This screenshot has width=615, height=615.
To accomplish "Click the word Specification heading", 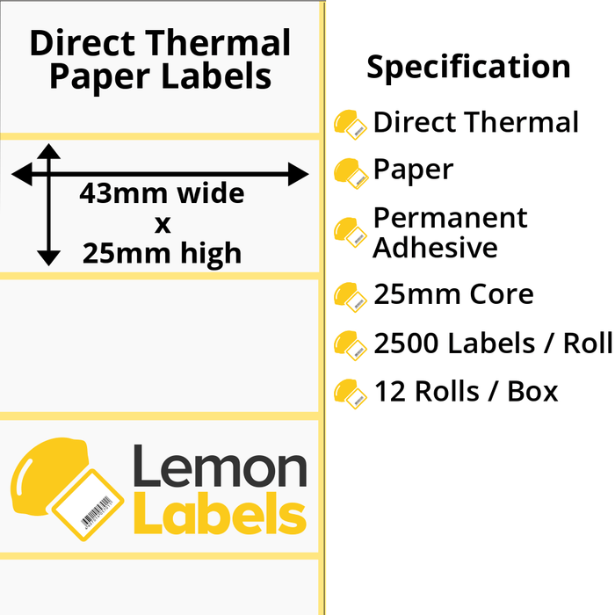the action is (x=468, y=68).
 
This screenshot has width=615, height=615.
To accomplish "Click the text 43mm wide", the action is (x=162, y=193).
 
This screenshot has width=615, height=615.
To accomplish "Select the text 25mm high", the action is (x=162, y=253).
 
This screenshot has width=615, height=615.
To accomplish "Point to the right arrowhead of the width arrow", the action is (x=298, y=174).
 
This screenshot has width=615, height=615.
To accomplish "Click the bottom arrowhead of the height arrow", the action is (x=48, y=258).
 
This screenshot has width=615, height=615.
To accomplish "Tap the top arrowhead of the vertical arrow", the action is (x=48, y=151).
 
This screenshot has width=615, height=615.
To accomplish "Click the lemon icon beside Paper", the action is (x=351, y=173).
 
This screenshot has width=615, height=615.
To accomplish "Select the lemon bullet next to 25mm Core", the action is (x=351, y=297).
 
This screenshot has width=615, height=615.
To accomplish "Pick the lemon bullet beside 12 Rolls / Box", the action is (x=351, y=394).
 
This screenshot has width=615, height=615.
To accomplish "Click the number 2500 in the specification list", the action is (x=406, y=344).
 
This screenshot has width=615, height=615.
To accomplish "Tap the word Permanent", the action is (x=450, y=218).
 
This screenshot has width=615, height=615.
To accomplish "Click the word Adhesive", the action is (x=436, y=248).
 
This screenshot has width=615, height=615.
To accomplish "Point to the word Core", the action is (x=502, y=294).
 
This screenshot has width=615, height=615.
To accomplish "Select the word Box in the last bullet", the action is (x=532, y=392).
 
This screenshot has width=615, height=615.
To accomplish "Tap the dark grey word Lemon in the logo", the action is (x=220, y=466).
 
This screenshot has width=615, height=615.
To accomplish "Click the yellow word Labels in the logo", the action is (x=220, y=512).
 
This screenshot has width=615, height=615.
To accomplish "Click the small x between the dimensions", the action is (x=163, y=225).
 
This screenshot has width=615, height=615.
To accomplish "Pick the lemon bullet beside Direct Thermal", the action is (x=351, y=125).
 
